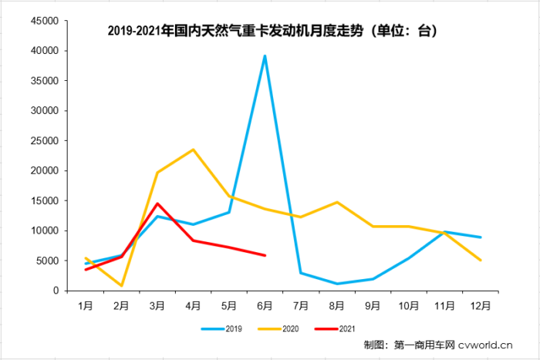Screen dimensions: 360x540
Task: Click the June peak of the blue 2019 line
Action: coord(265,56)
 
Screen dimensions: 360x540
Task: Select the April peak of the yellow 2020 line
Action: coord(193,150)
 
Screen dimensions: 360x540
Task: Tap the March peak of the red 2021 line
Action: coord(157,204)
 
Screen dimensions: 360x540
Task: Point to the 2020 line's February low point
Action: coord(121,286)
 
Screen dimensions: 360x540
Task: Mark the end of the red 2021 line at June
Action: coord(265,255)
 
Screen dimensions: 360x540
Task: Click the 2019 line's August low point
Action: coord(336,284)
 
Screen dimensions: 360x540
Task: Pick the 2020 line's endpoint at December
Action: coord(480,261)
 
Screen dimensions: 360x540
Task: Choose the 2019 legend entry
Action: coord(224,329)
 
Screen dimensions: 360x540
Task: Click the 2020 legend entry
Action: coord(280,329)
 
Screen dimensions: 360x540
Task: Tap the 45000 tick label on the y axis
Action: coord(46,21)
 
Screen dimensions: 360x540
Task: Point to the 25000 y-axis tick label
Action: coord(46,140)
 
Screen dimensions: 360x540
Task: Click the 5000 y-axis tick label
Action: coord(49,261)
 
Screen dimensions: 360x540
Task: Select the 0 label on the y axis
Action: coord(57,291)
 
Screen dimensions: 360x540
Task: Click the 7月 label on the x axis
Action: coord(301,305)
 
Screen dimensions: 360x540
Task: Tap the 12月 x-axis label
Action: coord(480,305)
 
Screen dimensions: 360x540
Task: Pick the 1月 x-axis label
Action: coord(86,305)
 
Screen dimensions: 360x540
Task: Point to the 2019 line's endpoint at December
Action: coord(480,237)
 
